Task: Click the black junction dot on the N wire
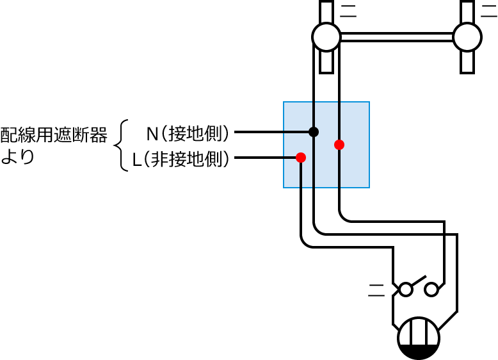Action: click(x=314, y=132)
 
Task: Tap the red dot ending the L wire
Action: click(x=301, y=158)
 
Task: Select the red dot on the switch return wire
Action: click(x=339, y=145)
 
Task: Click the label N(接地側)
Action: click(x=188, y=133)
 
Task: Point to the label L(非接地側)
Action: click(x=181, y=159)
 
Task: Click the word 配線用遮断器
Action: click(x=54, y=135)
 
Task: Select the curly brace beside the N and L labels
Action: click(x=122, y=145)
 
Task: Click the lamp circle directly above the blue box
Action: click(x=326, y=37)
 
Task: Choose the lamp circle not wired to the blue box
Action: click(x=467, y=37)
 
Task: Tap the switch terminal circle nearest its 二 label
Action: click(x=405, y=290)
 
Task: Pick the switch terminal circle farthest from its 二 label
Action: click(x=432, y=290)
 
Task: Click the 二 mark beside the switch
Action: click(x=376, y=291)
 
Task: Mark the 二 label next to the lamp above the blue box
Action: click(x=349, y=11)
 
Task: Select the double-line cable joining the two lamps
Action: click(x=397, y=37)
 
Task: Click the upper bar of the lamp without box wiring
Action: click(x=467, y=12)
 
